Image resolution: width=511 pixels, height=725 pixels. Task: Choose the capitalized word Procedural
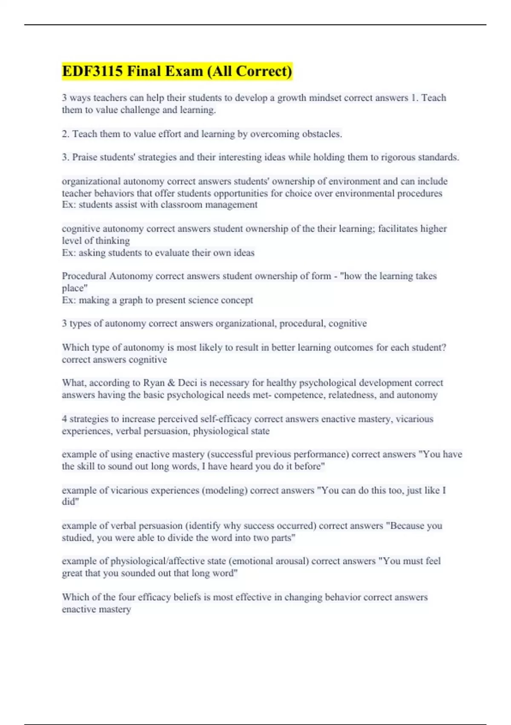pyautogui.click(x=84, y=276)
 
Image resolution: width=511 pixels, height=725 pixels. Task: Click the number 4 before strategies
pyautogui.click(x=64, y=419)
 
